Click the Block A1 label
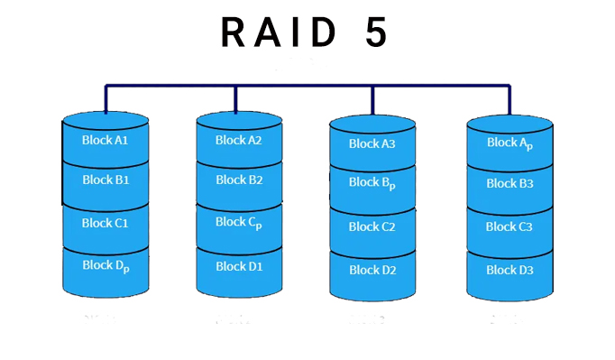pyautogui.click(x=106, y=141)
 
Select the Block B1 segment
pyautogui.click(x=106, y=180)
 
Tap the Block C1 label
pyautogui.click(x=106, y=223)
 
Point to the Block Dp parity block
pyautogui.click(x=106, y=265)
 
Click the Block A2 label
pyautogui.click(x=239, y=140)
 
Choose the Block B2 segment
pyautogui.click(x=239, y=180)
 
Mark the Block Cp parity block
pyautogui.click(x=239, y=222)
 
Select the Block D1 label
pyautogui.click(x=239, y=265)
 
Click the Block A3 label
pyautogui.click(x=372, y=143)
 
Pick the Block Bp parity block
pyautogui.click(x=372, y=183)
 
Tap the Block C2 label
pyautogui.click(x=372, y=226)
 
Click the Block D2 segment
pyautogui.click(x=372, y=269)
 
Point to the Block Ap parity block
pyautogui.click(x=509, y=143)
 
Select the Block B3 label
pyautogui.click(x=509, y=183)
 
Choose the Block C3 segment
pyautogui.click(x=509, y=226)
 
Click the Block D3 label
pyautogui.click(x=509, y=269)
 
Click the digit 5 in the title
pyautogui.click(x=376, y=32)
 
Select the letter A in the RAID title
pyautogui.click(x=270, y=32)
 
